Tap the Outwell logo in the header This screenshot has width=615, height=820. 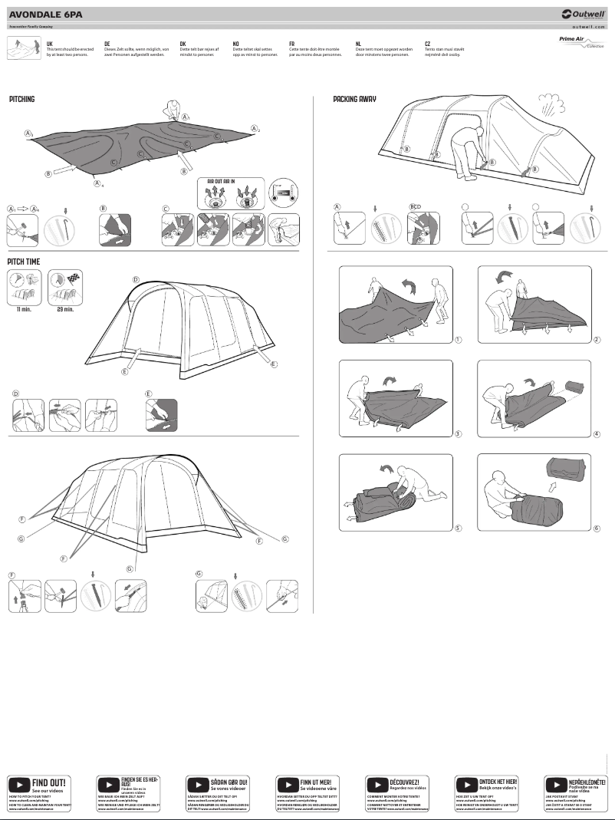(x=583, y=13)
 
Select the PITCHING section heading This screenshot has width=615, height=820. (x=21, y=99)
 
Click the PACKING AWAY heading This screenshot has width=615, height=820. (x=354, y=99)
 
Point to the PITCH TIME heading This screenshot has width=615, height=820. (x=24, y=262)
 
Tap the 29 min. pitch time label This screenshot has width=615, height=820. (x=64, y=310)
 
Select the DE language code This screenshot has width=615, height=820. (x=107, y=44)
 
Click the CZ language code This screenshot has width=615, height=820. (x=428, y=44)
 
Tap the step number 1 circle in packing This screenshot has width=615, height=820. (x=458, y=338)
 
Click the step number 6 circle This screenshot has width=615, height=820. (x=596, y=528)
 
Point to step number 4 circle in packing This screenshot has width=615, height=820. (x=596, y=434)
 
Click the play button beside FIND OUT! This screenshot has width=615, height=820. (x=18, y=785)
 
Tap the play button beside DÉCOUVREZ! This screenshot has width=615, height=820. (x=377, y=785)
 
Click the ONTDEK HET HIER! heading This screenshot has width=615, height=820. (x=498, y=782)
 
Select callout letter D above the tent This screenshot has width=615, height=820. (x=136, y=279)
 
